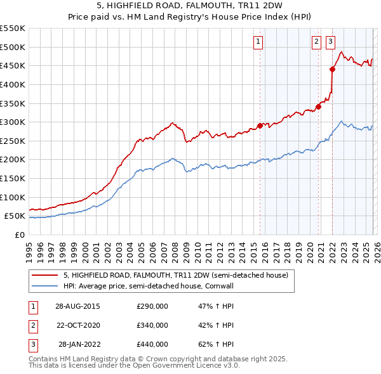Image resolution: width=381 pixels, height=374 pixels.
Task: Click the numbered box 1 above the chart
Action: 258,42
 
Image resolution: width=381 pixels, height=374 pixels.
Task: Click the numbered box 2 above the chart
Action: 316,42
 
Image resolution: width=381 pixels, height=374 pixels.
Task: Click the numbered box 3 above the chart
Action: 331,42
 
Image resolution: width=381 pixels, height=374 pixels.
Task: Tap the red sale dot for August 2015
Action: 260,126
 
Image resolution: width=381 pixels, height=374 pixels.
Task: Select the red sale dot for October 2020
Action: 318,106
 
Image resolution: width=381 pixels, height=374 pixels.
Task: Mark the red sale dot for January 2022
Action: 332,69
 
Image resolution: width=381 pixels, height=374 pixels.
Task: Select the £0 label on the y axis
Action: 19,235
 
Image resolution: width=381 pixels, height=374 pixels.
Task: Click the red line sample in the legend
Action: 44,276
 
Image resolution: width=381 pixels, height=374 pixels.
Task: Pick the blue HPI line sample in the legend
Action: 44,286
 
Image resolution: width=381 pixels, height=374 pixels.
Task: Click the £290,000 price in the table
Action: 152,306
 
